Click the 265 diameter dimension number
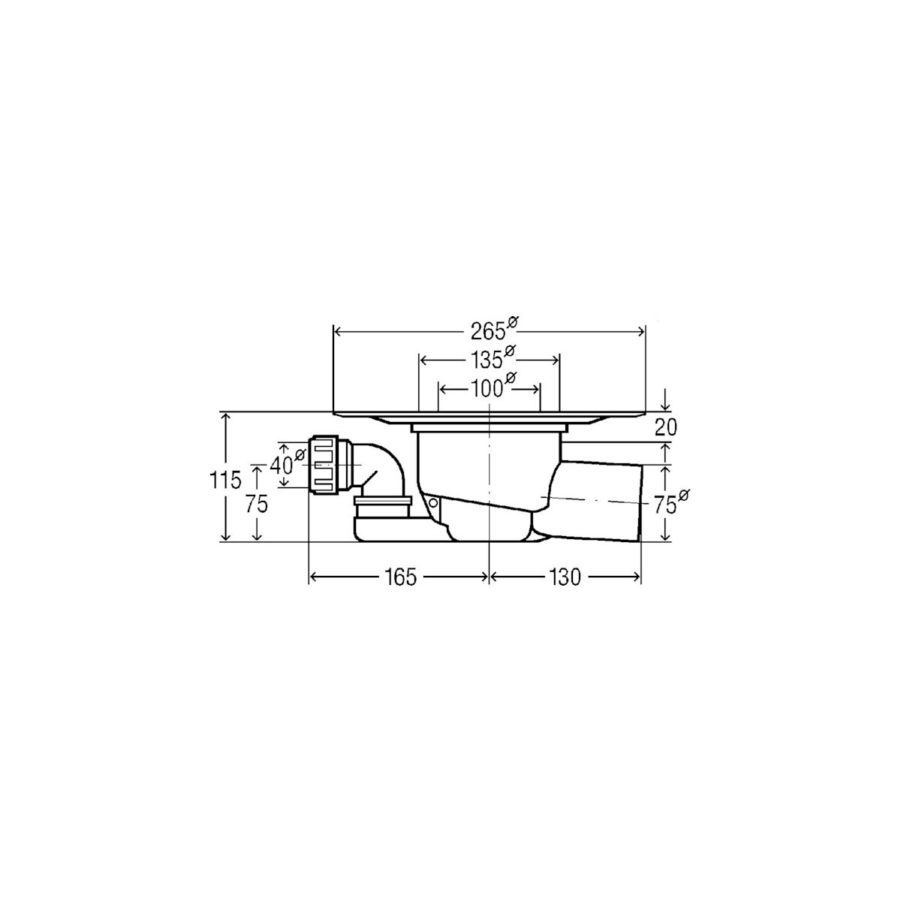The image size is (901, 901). (x=488, y=332)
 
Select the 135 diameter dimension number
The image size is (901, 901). (x=485, y=360)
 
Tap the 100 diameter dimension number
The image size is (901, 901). (x=485, y=389)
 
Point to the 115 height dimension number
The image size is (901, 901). (x=225, y=480)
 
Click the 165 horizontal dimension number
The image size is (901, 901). (x=401, y=577)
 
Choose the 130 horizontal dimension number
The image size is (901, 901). (x=565, y=577)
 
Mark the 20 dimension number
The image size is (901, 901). (x=665, y=427)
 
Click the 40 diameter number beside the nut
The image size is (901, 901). (x=282, y=465)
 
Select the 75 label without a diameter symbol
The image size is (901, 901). (x=256, y=504)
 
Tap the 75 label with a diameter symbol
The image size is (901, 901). (x=665, y=506)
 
